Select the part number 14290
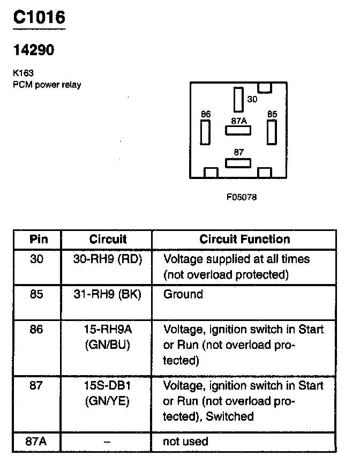33,50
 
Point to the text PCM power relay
47,85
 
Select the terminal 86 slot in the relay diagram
205,132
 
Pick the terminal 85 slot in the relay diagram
272,132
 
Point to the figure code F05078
242,197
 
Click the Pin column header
37,239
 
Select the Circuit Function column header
244,239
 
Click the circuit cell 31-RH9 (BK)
107,294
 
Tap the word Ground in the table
183,294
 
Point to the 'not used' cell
185,442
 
